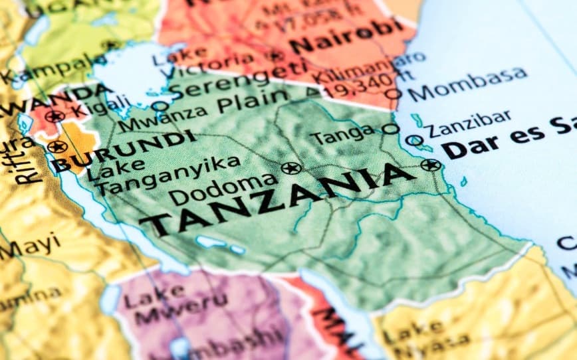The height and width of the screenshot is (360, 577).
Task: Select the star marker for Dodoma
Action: point(290,168)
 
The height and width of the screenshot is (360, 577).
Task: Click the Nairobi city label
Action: point(346,37)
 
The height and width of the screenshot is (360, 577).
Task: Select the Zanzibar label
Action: point(469,124)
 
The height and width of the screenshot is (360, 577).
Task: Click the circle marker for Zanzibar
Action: point(414,141)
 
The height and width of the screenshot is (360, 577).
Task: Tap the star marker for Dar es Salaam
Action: point(430,165)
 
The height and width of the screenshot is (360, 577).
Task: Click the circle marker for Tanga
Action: point(390,129)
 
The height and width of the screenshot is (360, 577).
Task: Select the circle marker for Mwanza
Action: point(160,105)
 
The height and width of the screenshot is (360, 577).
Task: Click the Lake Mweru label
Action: point(159,302)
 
